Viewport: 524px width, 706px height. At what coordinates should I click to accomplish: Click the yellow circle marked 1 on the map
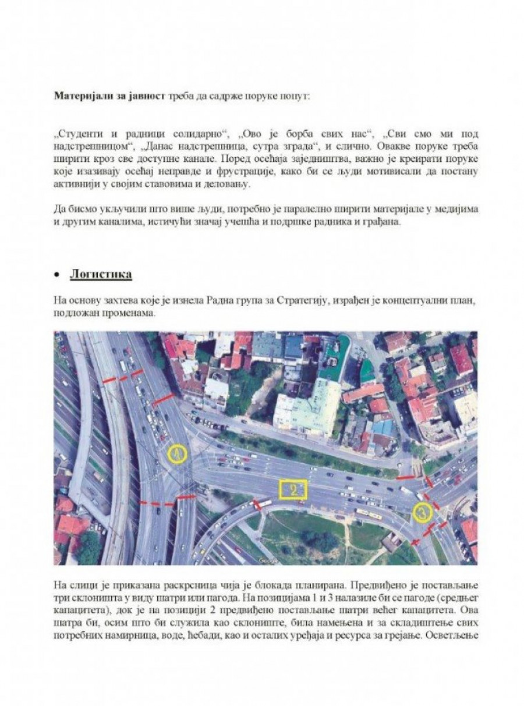pyautogui.click(x=177, y=454)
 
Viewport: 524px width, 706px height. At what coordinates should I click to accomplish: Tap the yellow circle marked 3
pyautogui.click(x=423, y=512)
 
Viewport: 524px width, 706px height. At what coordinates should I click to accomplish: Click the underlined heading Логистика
pyautogui.click(x=102, y=274)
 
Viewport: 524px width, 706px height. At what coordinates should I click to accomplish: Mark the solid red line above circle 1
pyautogui.click(x=162, y=399)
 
